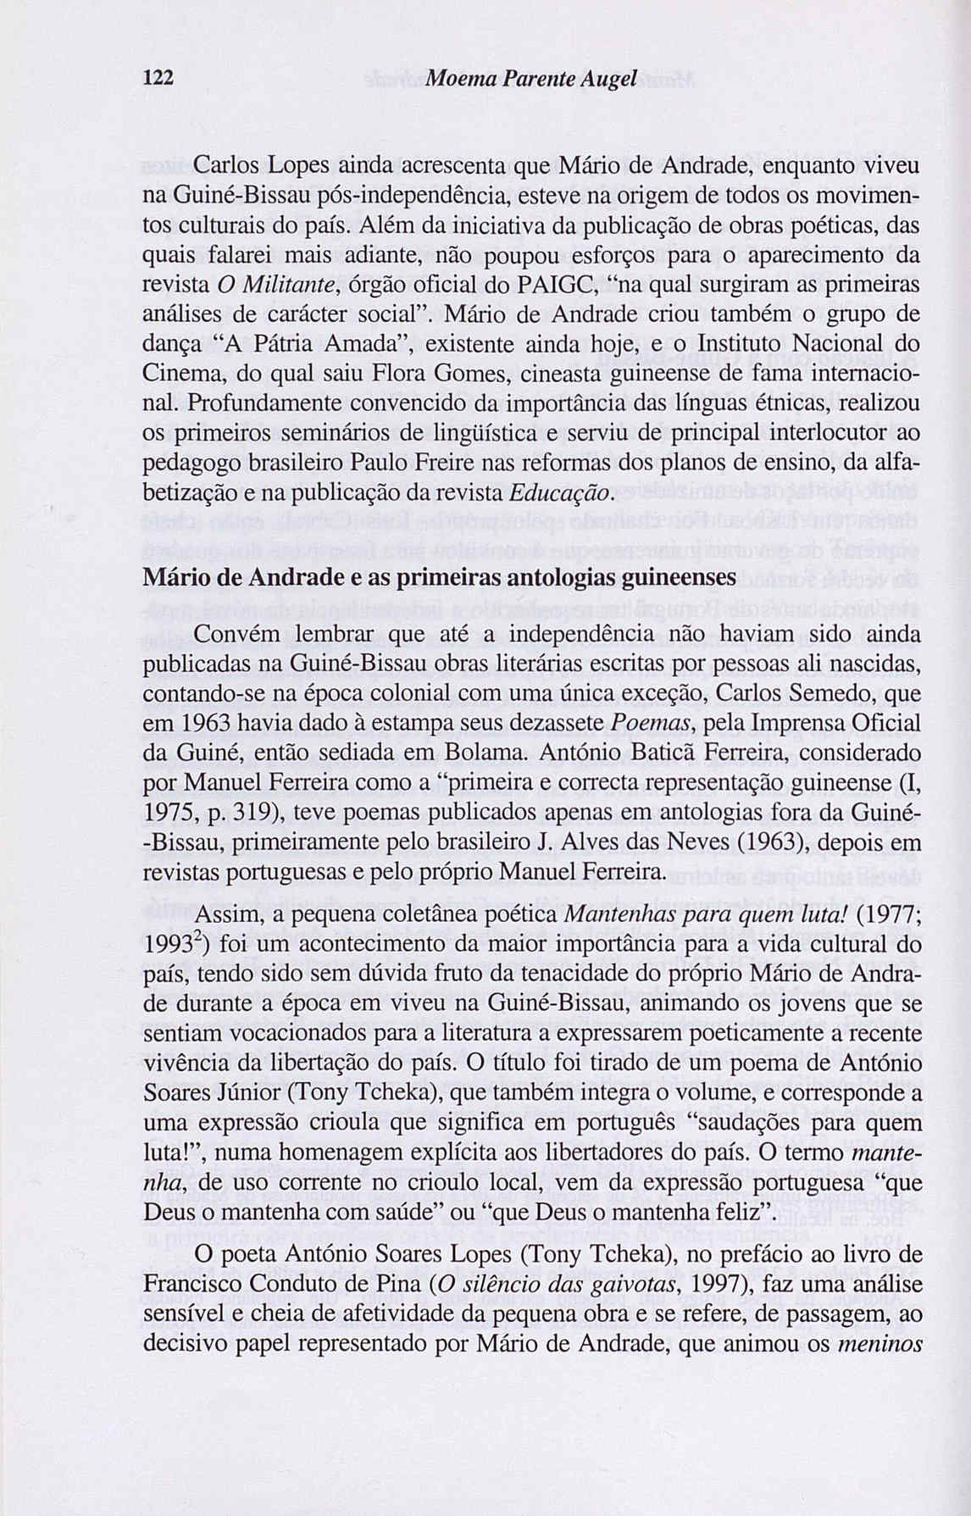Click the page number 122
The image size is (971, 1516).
(158, 79)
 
